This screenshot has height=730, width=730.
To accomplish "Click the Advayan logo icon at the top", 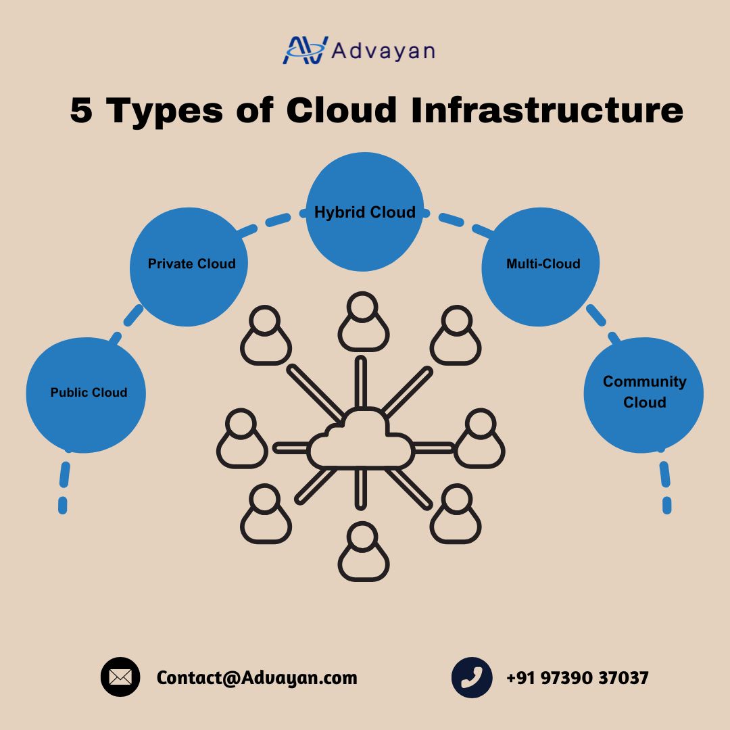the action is (305, 50).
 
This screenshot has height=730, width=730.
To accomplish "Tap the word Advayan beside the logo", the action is (383, 51).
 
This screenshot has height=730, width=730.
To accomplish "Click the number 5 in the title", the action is (81, 110).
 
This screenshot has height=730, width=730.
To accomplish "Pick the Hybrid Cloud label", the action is (364, 212).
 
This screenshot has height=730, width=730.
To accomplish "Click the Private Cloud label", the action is (191, 264).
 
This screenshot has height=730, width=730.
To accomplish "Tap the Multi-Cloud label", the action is (543, 264).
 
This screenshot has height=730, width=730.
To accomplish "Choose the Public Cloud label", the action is (89, 392).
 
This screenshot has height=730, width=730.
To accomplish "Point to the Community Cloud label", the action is (644, 391).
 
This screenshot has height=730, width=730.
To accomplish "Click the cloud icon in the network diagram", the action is (361, 439).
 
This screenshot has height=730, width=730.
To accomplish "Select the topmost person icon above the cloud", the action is (363, 322).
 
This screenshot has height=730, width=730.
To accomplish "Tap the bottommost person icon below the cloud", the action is (363, 552).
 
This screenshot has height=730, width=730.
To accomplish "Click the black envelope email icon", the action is (120, 677).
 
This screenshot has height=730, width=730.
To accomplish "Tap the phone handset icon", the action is (472, 677).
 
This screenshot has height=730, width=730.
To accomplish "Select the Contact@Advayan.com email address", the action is (257, 677).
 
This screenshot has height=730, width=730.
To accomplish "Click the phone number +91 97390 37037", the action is (577, 678).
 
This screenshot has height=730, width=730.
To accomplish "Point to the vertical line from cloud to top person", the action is (361, 382).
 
